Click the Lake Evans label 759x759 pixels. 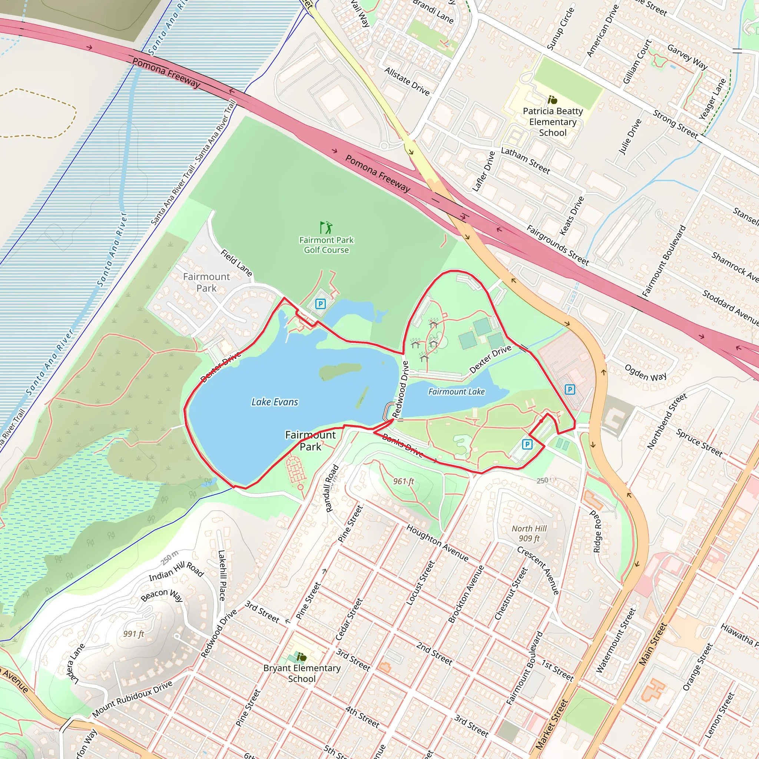pyautogui.click(x=275, y=402)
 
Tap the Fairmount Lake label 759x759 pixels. pyautogui.click(x=456, y=392)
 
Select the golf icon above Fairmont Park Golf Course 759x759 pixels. pyautogui.click(x=326, y=228)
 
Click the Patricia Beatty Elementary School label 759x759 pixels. pyautogui.click(x=553, y=122)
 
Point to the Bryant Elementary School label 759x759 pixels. pyautogui.click(x=302, y=673)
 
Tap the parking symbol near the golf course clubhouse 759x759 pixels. pyautogui.click(x=321, y=304)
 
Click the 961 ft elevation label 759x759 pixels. pyautogui.click(x=404, y=481)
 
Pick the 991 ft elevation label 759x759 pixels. pyautogui.click(x=133, y=633)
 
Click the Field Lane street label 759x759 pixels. pyautogui.click(x=236, y=262)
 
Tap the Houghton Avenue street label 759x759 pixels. pyautogui.click(x=437, y=543)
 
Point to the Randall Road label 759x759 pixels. pyautogui.click(x=332, y=489)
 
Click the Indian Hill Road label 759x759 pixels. pyautogui.click(x=176, y=571)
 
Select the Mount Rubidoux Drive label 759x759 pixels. pyautogui.click(x=132, y=699)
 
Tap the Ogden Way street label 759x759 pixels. pyautogui.click(x=646, y=372)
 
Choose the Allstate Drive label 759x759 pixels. pyautogui.click(x=407, y=81)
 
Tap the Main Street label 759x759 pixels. pyautogui.click(x=653, y=644)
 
